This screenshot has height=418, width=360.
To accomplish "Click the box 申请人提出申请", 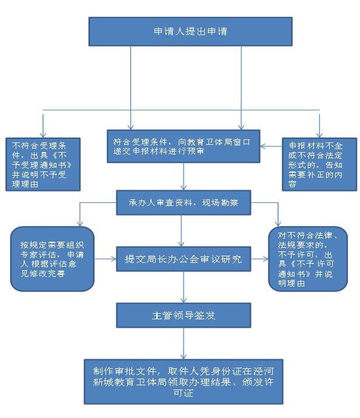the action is pos(190,32).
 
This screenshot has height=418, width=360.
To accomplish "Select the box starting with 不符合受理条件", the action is pos(43,164).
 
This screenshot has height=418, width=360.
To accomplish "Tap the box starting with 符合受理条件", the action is pos(184,146).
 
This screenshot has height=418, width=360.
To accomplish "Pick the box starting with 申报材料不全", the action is pos(319,164).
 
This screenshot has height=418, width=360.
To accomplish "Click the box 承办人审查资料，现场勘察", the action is pos(184,202).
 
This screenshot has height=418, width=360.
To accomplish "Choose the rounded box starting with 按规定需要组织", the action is pos(52,259).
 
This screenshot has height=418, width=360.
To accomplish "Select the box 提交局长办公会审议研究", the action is pos(184,259).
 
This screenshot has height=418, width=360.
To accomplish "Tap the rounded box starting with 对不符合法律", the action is pos(308,259).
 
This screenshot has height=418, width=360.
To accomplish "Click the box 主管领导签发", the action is pos(184,316).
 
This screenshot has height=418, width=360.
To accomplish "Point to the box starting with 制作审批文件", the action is pos(184,382).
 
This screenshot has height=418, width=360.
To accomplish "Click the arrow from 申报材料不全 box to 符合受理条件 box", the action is pos(271,146).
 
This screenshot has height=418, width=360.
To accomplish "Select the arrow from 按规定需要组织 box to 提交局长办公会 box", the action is pos(105,259).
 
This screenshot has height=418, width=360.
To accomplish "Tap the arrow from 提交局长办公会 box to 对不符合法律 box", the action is pos(260,259).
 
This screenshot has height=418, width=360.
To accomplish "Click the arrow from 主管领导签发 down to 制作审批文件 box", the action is pos(184,343).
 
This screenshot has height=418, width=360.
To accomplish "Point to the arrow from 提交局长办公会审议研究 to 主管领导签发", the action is pos(184,287).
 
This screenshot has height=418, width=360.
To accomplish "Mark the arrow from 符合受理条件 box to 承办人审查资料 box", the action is pos(184,176).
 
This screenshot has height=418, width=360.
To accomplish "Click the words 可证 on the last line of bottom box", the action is pos(183,393).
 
